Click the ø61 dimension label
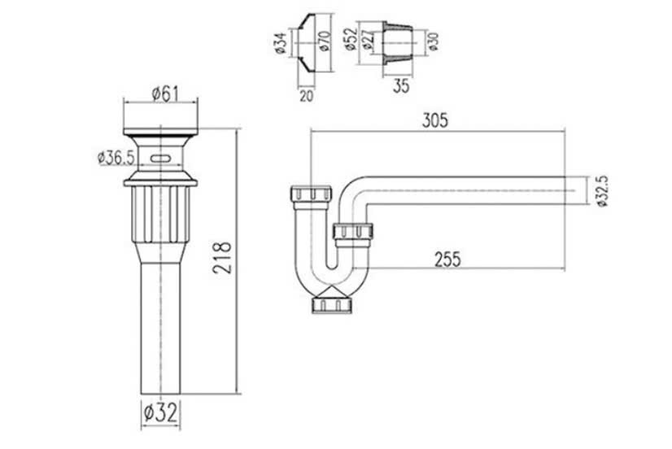tap(165, 94)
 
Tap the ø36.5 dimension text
tap(116, 158)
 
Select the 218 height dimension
tap(222, 258)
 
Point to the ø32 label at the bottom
tap(160, 413)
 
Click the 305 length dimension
tap(434, 120)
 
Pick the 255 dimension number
tap(447, 259)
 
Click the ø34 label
tap(280, 43)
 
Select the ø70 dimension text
tap(325, 41)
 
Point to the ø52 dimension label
tap(351, 39)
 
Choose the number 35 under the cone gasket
tap(401, 86)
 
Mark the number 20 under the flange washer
tap(306, 96)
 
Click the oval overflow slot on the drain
tap(161, 158)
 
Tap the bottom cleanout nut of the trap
tap(332, 304)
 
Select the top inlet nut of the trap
tap(311, 194)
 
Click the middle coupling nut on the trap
tap(353, 231)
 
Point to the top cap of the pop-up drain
tap(161, 132)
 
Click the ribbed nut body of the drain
tap(161, 214)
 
